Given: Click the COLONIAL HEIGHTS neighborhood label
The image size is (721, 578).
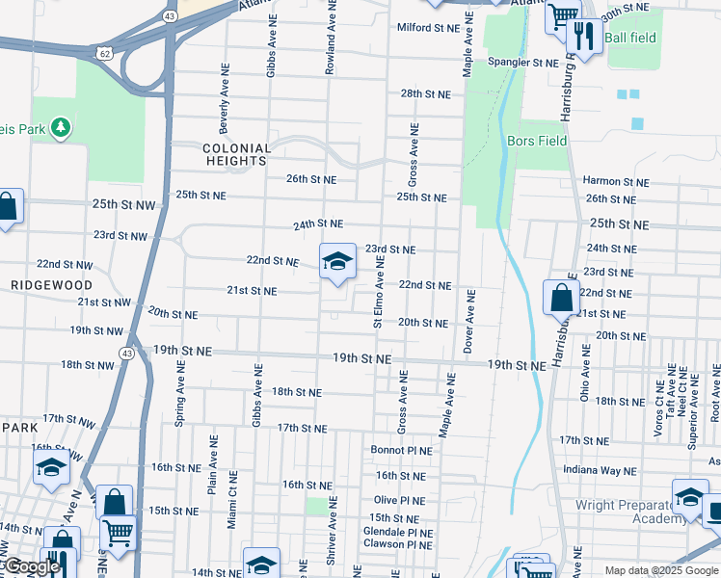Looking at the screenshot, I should pos(236,154).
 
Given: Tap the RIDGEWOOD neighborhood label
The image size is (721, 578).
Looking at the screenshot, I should pos(52,286).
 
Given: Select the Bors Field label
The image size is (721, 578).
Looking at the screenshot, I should pos(537,141).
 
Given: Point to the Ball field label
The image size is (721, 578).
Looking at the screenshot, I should pos(632,38).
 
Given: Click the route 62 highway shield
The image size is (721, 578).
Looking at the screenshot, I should pos(105,50).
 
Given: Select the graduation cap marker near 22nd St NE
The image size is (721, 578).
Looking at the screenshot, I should pos(337,261).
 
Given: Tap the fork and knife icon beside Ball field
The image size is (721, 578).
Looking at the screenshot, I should pos(582,38).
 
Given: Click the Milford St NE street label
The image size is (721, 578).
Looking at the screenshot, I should pos(430,28).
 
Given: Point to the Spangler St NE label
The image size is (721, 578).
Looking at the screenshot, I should pos(524,63).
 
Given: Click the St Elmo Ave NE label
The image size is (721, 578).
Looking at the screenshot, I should pos(379,290).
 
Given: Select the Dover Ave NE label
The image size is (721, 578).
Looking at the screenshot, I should pos(467,321).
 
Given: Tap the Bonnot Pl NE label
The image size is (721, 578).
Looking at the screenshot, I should pos(398,450).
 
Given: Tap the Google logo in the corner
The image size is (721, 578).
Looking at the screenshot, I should pos(31,566).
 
